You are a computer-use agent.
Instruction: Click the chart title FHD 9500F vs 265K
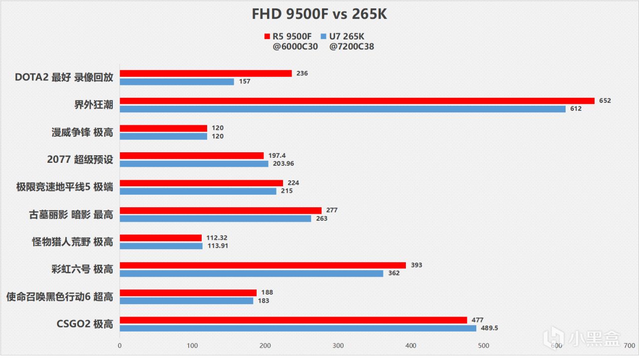point(319,14)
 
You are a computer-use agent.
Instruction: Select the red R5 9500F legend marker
point(267,36)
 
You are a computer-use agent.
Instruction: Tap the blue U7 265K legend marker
point(323,36)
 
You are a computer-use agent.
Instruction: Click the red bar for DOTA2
point(206,73)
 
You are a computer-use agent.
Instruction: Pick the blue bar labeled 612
point(342,108)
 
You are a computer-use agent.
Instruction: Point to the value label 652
point(605,101)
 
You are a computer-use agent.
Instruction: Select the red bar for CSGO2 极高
point(293,320)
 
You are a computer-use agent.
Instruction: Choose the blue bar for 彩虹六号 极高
point(251,273)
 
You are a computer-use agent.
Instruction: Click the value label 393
point(416,265)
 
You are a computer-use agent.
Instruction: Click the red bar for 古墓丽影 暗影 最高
point(220,210)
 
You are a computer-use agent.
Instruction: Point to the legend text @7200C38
point(352,47)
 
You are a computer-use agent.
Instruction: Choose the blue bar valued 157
point(177,81)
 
